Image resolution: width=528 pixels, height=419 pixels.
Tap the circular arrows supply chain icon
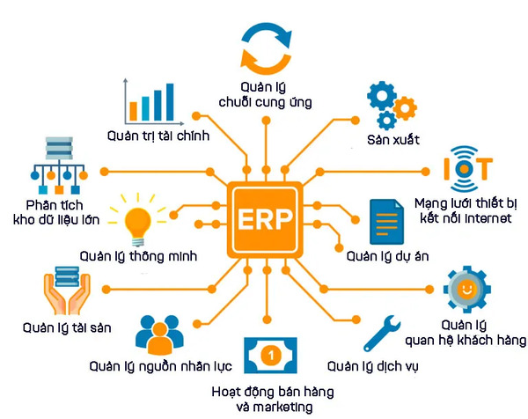(265, 47)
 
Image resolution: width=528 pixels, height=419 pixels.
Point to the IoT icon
(468, 166)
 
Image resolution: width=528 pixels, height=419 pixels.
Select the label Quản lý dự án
(387, 256)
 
